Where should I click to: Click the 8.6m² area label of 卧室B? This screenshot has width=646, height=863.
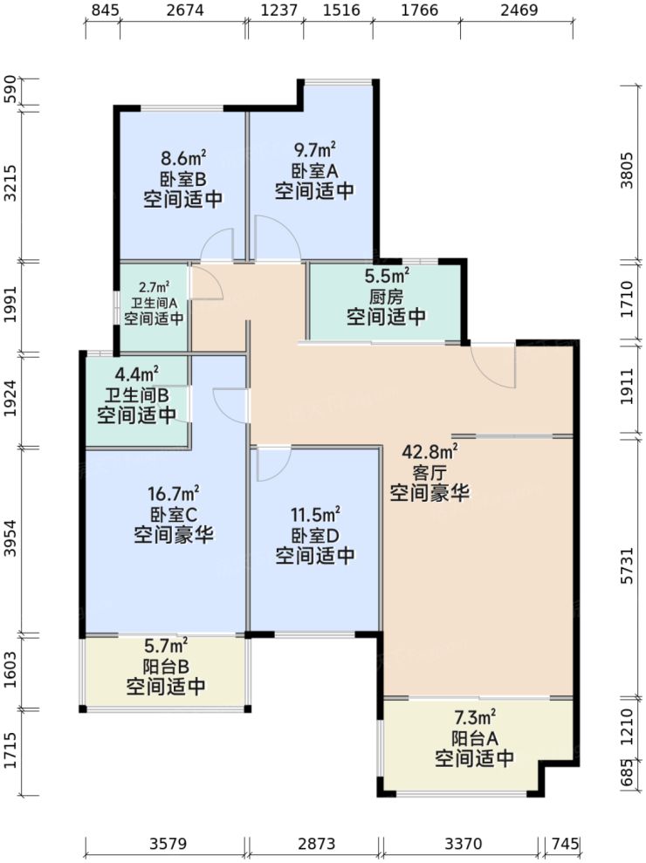[182, 159]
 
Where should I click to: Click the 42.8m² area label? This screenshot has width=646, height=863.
[430, 452]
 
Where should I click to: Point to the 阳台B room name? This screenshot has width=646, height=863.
[166, 667]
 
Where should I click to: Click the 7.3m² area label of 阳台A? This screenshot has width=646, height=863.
[474, 718]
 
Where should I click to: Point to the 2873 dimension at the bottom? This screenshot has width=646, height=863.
[314, 844]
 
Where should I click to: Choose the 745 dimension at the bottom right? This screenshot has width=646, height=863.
[566, 844]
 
